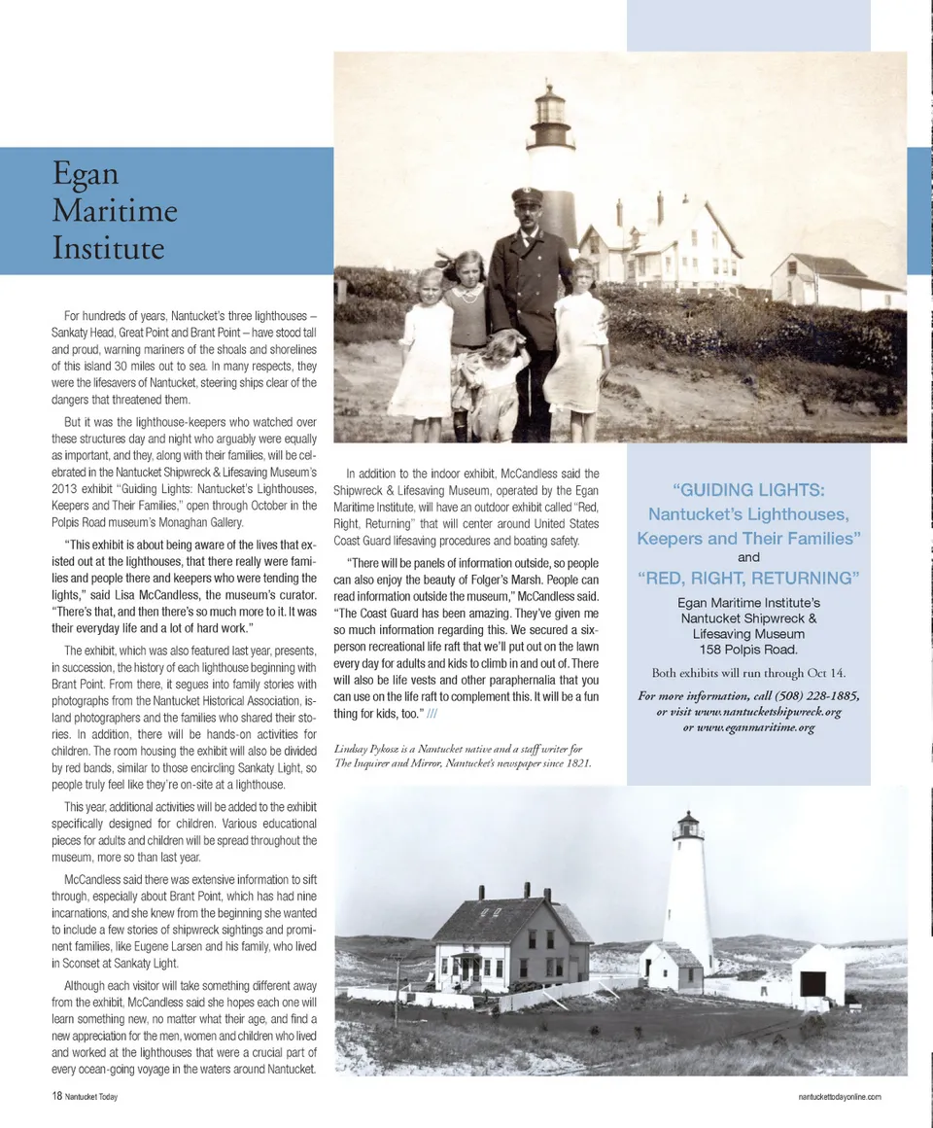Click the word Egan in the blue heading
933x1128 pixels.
coord(86,175)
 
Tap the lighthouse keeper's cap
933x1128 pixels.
coord(527,196)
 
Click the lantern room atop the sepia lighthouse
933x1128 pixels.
coord(549,107)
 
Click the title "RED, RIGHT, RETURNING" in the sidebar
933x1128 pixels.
coord(748,579)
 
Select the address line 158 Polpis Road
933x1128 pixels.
coord(748,650)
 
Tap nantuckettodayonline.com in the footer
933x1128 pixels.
coord(839,1096)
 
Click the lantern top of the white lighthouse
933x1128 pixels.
coord(688,827)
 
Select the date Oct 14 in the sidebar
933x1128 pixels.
coord(826,673)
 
